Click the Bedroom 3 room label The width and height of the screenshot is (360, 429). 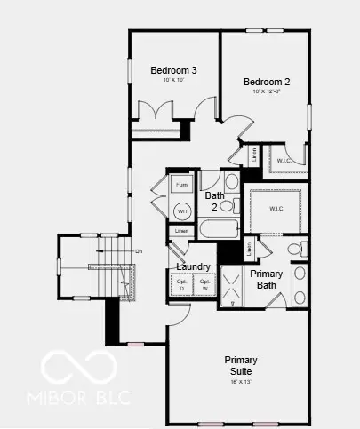tap(173, 70)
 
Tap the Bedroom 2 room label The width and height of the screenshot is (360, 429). tap(267, 81)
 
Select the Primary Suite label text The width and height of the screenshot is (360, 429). tap(240, 365)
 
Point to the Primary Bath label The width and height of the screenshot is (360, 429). tap(266, 279)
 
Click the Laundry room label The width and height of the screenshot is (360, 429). tap(193, 266)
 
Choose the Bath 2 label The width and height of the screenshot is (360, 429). tap(214, 200)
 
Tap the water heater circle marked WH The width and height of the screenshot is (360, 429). tap(182, 211)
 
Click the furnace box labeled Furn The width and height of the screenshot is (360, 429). tap(182, 185)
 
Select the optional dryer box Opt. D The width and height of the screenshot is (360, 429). tap(181, 285)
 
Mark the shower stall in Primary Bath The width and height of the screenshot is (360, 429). tap(234, 290)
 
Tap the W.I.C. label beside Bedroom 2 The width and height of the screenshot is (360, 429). tap(284, 160)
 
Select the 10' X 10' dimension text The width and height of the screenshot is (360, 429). tap(172, 81)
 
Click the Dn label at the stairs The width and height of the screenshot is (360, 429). tap(139, 251)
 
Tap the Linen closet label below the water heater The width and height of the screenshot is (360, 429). tap(182, 231)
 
